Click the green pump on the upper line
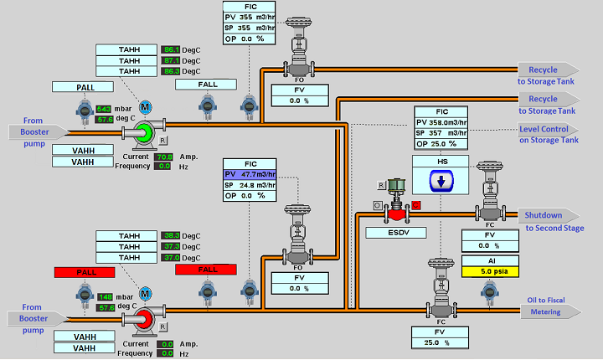click(x=145, y=131)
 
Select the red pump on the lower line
click(x=145, y=319)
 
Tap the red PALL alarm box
click(x=84, y=272)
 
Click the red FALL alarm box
click(x=206, y=269)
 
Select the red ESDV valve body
click(x=392, y=214)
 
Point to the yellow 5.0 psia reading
click(x=490, y=271)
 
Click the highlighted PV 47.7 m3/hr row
click(x=249, y=172)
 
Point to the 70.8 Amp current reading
click(x=164, y=157)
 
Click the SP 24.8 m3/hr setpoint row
click(x=249, y=184)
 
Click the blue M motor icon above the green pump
click(x=145, y=107)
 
